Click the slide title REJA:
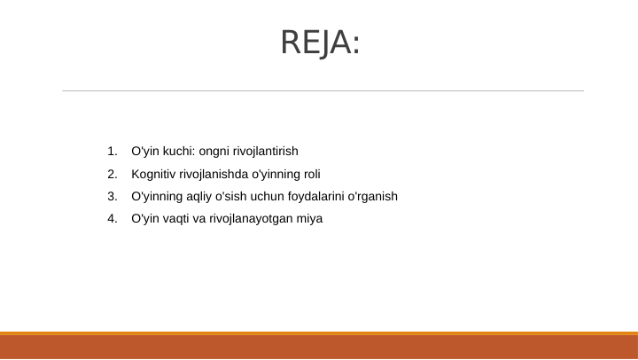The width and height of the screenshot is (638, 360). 320,43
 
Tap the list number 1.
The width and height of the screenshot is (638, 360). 111,152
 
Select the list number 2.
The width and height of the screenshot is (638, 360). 111,174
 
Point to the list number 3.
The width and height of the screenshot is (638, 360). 111,196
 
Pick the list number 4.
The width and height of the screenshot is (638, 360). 111,218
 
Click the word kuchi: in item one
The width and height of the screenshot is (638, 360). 178,152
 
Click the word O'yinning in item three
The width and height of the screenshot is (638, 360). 157,196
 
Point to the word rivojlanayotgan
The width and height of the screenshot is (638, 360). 251,218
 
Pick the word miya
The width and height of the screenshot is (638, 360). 311,218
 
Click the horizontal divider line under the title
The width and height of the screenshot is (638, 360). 323,90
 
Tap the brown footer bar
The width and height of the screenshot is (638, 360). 319,347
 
